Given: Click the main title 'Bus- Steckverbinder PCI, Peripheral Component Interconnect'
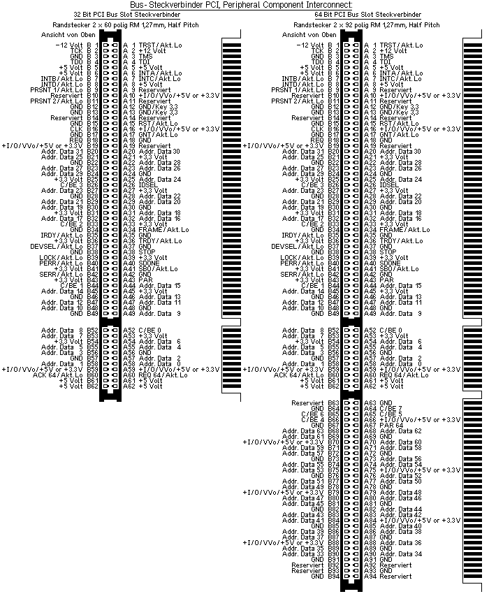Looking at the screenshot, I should pos(245,5).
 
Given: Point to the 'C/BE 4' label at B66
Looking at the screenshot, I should pos(312,419).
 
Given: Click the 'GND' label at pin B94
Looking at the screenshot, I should pos(316,577).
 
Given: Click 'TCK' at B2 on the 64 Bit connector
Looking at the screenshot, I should pos(317,51).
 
